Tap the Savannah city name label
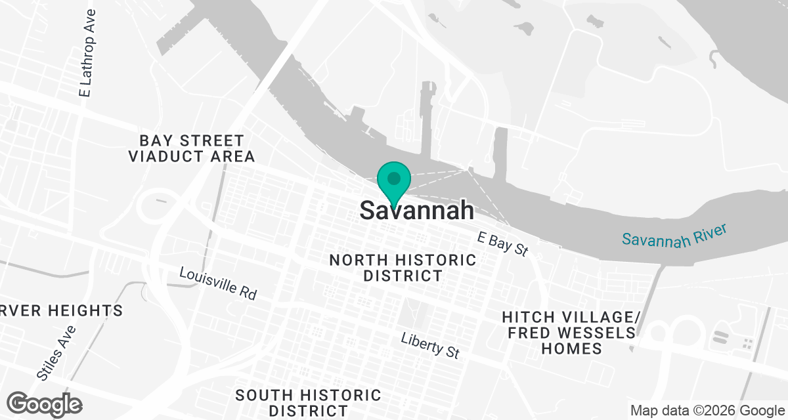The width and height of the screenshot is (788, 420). click(x=417, y=210)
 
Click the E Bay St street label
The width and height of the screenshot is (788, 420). click(x=503, y=242)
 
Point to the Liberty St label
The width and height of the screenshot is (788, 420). click(x=430, y=345)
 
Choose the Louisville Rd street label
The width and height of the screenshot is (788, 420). click(x=217, y=283)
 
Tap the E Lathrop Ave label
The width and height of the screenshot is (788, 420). click(x=87, y=53)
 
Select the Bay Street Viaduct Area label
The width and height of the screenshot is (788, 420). click(x=192, y=148)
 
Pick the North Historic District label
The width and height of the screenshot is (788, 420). click(x=403, y=268)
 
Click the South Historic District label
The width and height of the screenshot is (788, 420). click(x=308, y=403)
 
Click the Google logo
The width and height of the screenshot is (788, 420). click(x=45, y=403)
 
